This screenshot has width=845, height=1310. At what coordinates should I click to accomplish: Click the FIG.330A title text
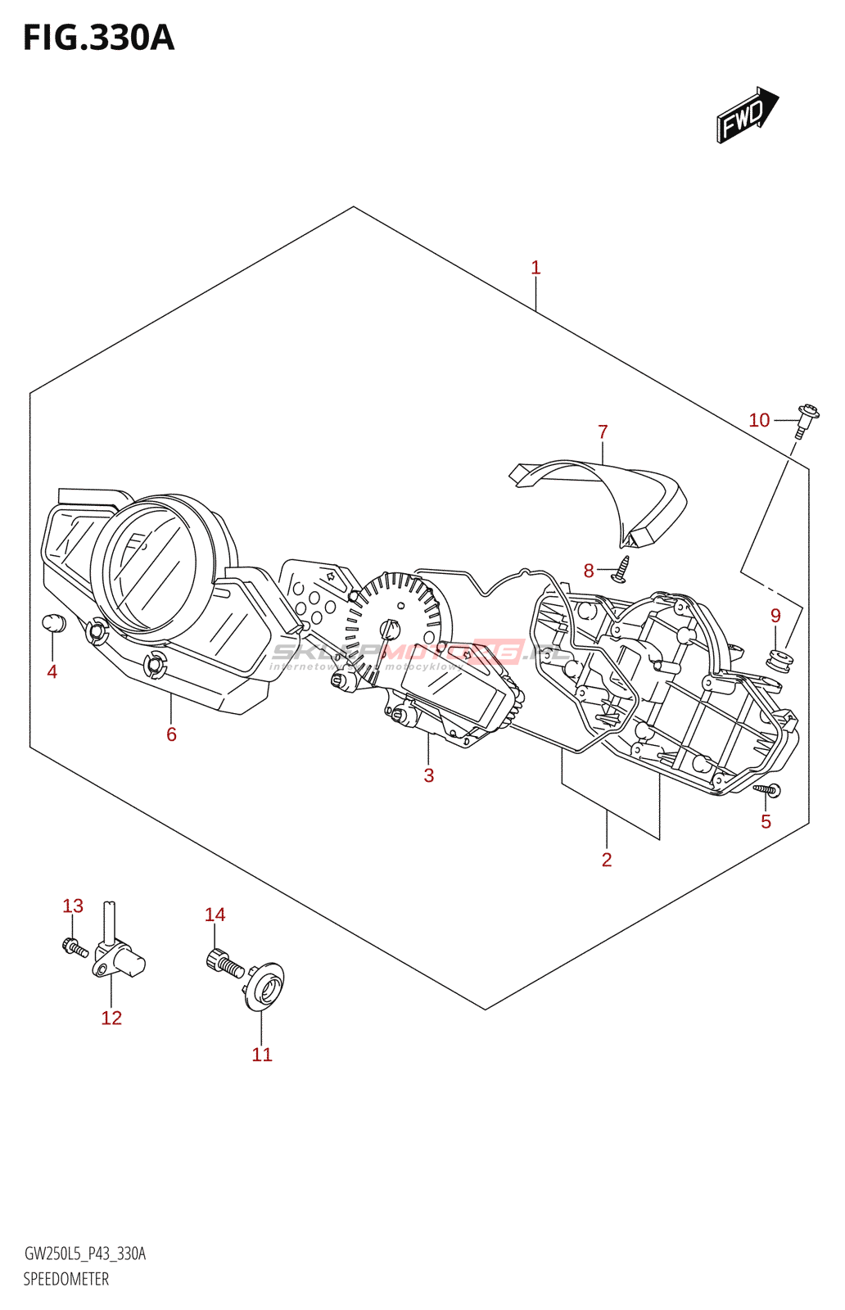(x=98, y=38)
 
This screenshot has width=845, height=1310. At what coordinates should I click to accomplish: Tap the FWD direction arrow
(x=746, y=116)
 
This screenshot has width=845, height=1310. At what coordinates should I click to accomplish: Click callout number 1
(x=535, y=268)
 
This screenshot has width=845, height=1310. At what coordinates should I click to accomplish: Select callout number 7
(x=603, y=431)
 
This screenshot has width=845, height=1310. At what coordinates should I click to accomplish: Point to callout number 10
(x=759, y=420)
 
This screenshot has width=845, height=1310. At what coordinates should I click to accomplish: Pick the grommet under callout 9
(x=779, y=658)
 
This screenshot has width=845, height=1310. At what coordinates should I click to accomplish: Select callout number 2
(x=606, y=860)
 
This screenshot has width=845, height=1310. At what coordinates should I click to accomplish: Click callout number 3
(x=428, y=775)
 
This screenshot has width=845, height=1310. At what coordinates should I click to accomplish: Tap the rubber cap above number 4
(x=53, y=623)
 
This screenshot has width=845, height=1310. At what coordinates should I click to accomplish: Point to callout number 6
(x=171, y=734)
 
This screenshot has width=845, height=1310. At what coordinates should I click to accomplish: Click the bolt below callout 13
(x=75, y=948)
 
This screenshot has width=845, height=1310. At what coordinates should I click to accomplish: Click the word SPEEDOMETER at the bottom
(x=66, y=1279)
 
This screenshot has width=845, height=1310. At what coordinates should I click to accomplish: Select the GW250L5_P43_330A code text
(x=85, y=1254)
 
